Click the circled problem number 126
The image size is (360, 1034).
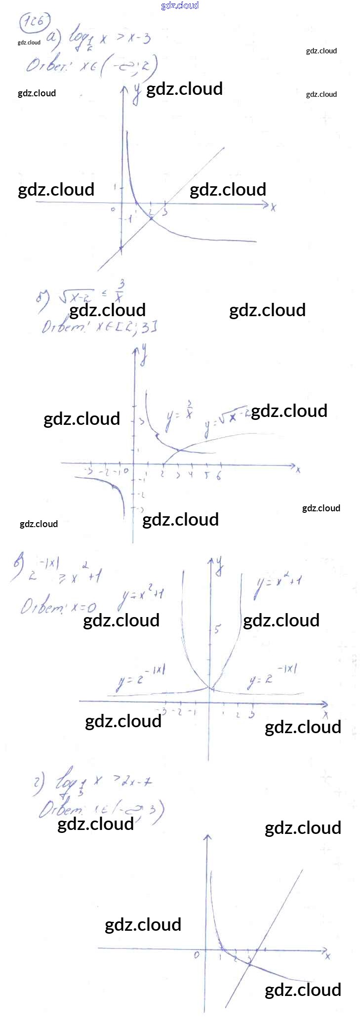pyautogui.click(x=35, y=22)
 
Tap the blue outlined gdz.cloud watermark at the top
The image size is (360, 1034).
pyautogui.click(x=180, y=5)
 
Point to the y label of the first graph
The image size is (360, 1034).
pyautogui.click(x=136, y=94)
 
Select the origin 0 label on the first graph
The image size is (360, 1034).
pyautogui.click(x=113, y=209)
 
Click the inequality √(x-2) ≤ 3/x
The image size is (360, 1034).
pyautogui.click(x=91, y=295)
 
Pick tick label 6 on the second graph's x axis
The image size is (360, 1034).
pyautogui.click(x=219, y=476)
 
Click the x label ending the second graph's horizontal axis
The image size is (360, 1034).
pyautogui.click(x=298, y=470)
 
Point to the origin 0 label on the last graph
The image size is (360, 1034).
pyautogui.click(x=197, y=954)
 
